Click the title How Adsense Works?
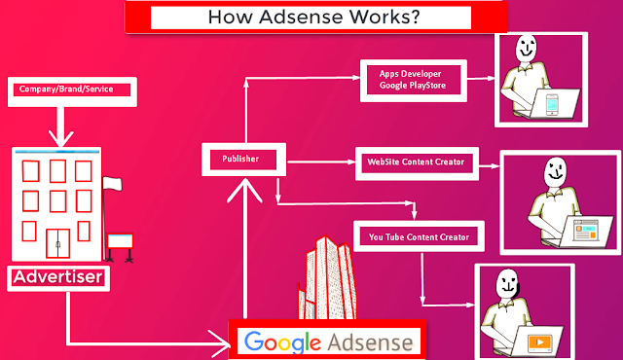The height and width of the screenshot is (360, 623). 313,18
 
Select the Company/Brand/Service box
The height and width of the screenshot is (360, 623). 72,91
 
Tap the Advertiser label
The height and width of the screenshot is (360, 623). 58,277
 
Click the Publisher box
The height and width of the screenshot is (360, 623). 243,160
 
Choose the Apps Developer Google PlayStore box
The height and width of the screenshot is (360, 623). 413,81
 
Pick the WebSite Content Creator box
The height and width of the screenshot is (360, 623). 417,163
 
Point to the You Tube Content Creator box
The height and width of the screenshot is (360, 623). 419,236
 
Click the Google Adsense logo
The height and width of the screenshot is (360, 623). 329,342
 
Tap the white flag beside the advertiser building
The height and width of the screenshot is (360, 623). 112,184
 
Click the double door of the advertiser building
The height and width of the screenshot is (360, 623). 58,243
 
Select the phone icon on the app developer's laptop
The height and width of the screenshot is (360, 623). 552,105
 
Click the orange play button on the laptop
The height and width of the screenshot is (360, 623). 540,342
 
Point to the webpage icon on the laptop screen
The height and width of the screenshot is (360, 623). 586,231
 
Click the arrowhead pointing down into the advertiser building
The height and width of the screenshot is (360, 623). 60,138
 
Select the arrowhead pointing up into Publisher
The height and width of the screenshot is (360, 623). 244,190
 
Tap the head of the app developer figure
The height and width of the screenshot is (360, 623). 526,48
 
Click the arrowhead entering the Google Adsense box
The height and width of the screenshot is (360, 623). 220,343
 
